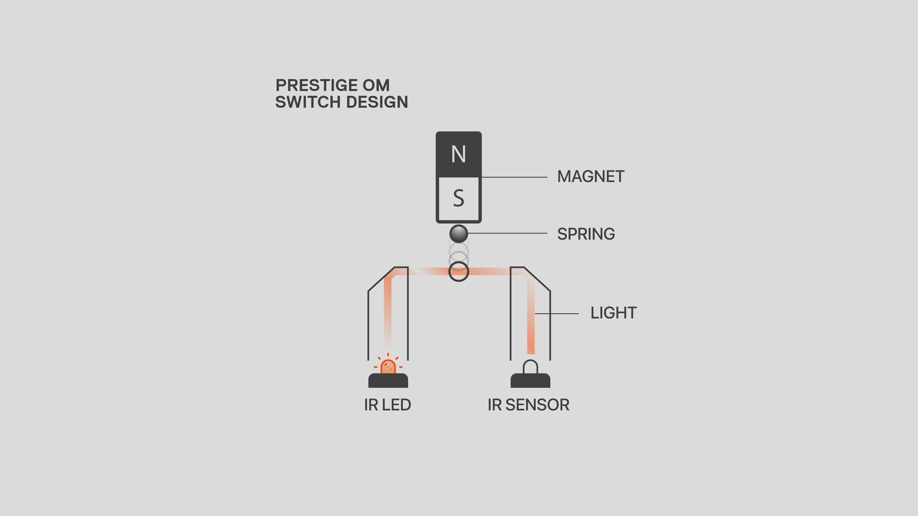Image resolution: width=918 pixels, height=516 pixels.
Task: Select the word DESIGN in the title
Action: (377, 102)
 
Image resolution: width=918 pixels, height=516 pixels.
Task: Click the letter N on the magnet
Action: (458, 154)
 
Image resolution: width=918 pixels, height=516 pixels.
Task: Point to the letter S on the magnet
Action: (458, 198)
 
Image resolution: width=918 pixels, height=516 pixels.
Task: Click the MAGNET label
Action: (591, 177)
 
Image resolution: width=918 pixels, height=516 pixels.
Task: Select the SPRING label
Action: (586, 234)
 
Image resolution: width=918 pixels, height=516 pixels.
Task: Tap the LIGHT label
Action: (613, 313)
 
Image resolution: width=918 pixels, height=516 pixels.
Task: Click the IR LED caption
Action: (388, 404)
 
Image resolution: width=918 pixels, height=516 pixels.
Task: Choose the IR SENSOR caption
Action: (528, 404)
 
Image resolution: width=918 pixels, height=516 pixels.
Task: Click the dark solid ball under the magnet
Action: (458, 234)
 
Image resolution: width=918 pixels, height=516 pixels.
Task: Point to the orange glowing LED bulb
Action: (388, 366)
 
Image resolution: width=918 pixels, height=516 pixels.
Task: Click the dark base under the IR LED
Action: (388, 381)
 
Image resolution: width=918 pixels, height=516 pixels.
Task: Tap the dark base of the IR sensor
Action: (530, 381)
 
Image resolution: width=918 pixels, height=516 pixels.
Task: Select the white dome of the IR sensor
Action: (531, 367)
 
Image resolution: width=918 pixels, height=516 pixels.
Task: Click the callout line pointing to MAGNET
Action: (515, 177)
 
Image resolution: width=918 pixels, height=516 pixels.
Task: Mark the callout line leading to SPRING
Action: (508, 233)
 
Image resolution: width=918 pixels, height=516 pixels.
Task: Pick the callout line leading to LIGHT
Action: (557, 313)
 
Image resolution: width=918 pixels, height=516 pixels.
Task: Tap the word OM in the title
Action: (376, 85)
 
